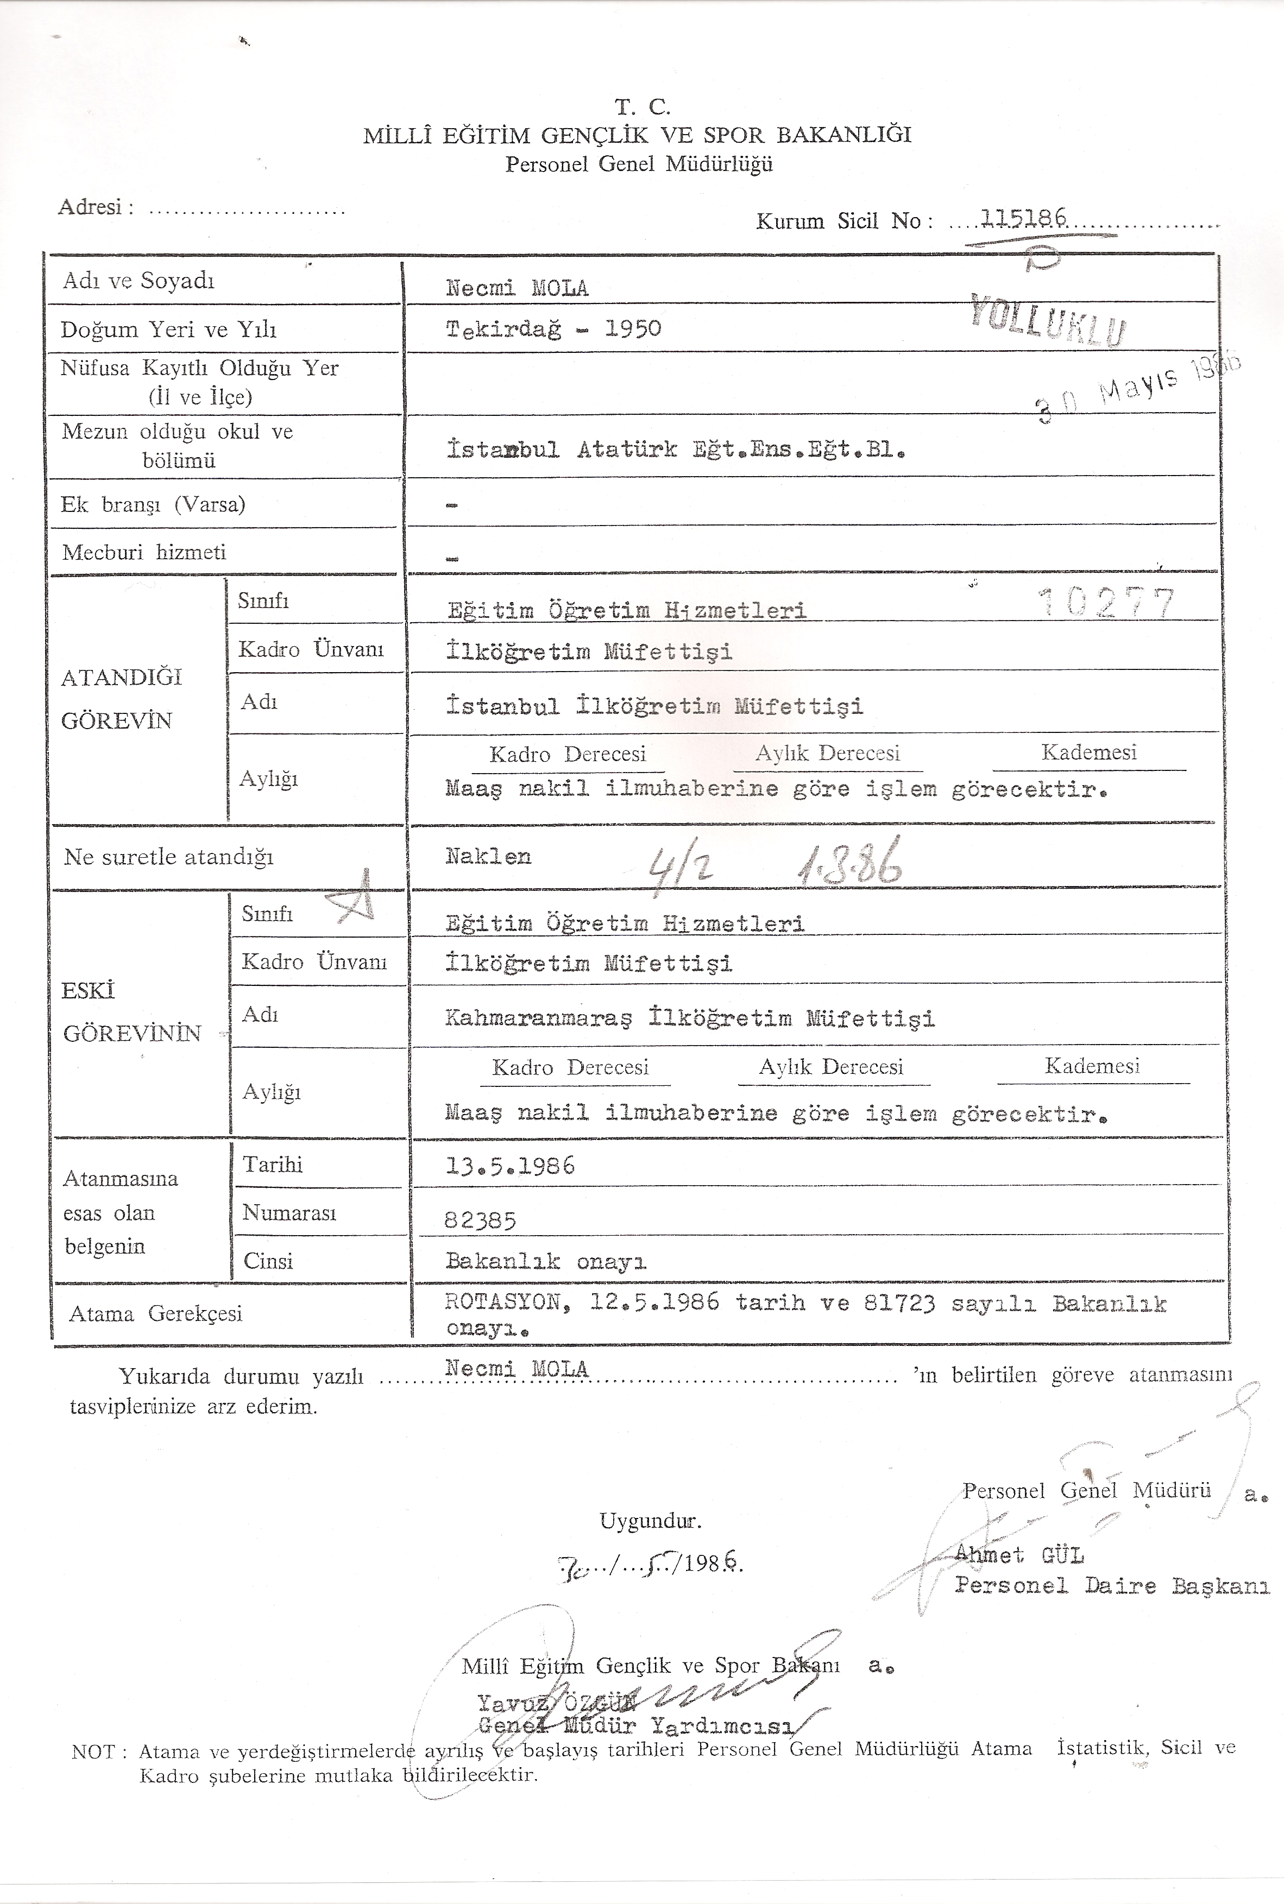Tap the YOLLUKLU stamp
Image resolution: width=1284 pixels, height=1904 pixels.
click(1049, 319)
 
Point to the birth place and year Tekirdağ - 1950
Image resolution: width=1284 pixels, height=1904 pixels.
click(553, 329)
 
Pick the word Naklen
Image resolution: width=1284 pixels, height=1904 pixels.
click(488, 857)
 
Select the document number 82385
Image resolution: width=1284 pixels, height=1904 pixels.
click(480, 1220)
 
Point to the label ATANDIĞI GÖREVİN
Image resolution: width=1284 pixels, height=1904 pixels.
click(121, 698)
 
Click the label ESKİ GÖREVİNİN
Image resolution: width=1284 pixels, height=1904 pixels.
click(131, 1012)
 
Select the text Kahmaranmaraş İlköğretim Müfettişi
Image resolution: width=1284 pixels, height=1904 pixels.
click(689, 1019)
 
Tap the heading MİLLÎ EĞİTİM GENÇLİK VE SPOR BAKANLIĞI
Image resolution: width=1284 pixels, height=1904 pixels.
click(637, 135)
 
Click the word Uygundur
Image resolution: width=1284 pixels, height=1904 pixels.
click(650, 1522)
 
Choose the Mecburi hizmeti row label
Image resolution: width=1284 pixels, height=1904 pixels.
click(143, 553)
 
